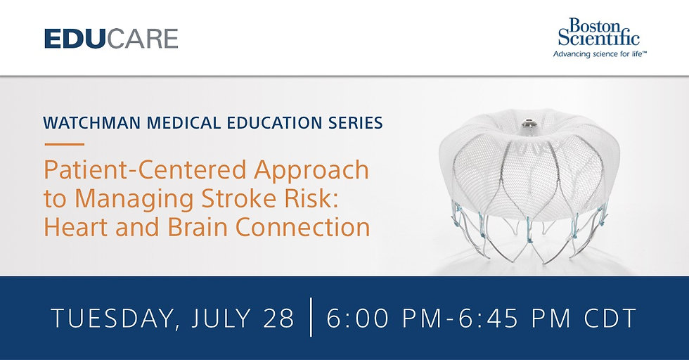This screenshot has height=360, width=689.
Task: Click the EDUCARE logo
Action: coord(111,38)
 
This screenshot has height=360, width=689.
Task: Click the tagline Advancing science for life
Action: coord(599,54)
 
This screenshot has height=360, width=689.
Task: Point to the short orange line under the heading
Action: coord(64,143)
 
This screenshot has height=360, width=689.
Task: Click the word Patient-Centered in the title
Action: coord(145,169)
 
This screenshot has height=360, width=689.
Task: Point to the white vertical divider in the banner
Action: coord(311,317)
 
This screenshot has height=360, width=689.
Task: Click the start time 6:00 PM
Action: coord(384,318)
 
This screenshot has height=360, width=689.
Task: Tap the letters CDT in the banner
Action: coord(610,318)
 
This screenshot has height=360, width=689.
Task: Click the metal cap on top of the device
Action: coord(527,124)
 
